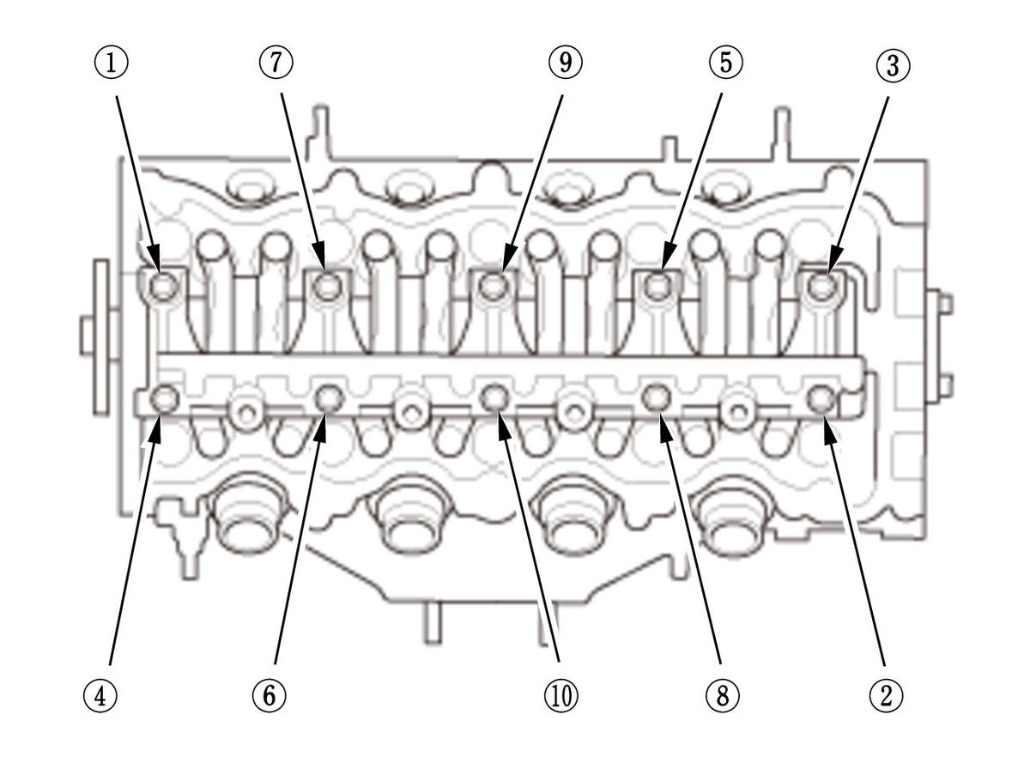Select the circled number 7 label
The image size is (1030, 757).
click(276, 63)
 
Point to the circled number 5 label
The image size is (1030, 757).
click(725, 63)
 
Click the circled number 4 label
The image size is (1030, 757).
click(101, 694)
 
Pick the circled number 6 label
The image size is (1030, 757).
click(269, 694)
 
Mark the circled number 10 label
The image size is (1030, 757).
click(561, 694)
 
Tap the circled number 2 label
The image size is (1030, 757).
click(886, 694)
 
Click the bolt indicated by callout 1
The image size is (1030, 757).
click(163, 287)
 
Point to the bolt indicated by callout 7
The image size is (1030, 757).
click(327, 287)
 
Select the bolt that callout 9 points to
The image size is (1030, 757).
click(493, 287)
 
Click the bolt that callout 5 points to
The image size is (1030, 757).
click(657, 287)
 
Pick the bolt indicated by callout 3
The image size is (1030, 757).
click(821, 287)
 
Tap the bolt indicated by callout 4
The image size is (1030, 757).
click(163, 398)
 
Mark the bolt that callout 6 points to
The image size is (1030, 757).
click(329, 397)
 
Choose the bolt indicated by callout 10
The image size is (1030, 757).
click(494, 397)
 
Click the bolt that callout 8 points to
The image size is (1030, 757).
click(657, 397)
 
